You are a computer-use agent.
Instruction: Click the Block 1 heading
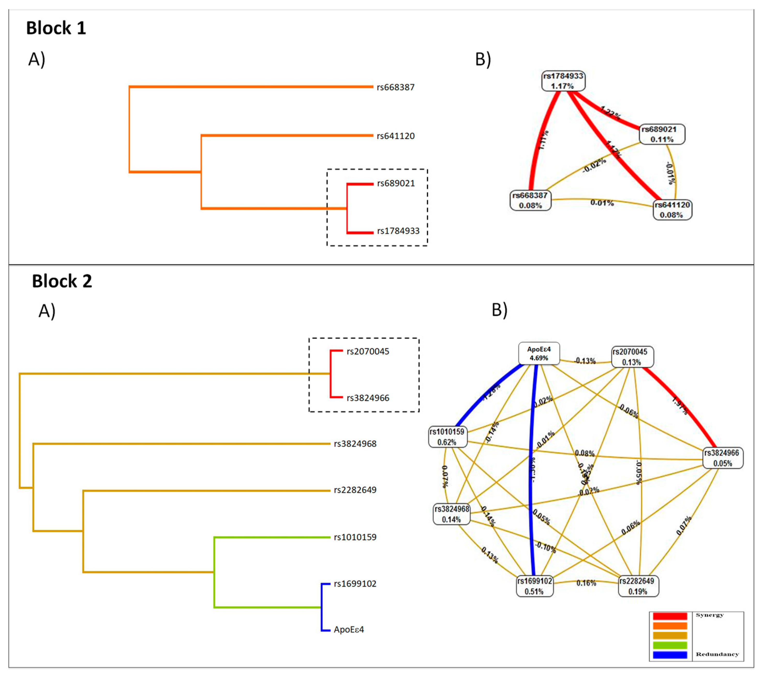(x=56, y=28)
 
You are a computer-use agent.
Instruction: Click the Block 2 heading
(x=62, y=281)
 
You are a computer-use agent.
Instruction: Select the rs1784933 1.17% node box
(x=563, y=81)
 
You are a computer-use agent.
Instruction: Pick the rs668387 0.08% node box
(x=530, y=201)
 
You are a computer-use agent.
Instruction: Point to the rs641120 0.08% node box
(x=672, y=210)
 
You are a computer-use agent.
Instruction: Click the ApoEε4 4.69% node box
(x=539, y=353)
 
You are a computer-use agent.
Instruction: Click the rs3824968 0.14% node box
(x=451, y=514)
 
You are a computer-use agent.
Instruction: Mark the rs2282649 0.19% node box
(x=638, y=586)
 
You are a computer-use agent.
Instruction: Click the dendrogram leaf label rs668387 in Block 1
(x=395, y=87)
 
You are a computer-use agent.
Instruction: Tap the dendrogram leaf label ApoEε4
(x=349, y=630)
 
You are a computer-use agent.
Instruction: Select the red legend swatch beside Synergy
(x=670, y=616)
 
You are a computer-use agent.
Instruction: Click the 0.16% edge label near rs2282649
(x=586, y=583)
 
